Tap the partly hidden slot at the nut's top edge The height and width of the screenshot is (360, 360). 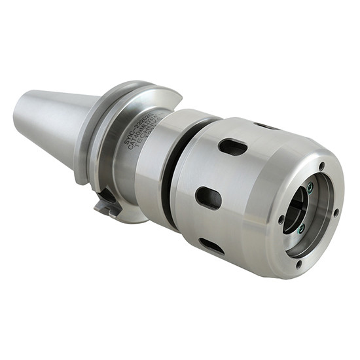click(x=266, y=126)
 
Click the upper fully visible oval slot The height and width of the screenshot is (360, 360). click(x=232, y=147)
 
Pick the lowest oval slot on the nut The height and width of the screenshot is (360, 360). click(x=211, y=246)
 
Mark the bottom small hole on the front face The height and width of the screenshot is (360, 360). click(x=298, y=264)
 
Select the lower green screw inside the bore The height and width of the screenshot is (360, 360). click(x=301, y=228)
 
